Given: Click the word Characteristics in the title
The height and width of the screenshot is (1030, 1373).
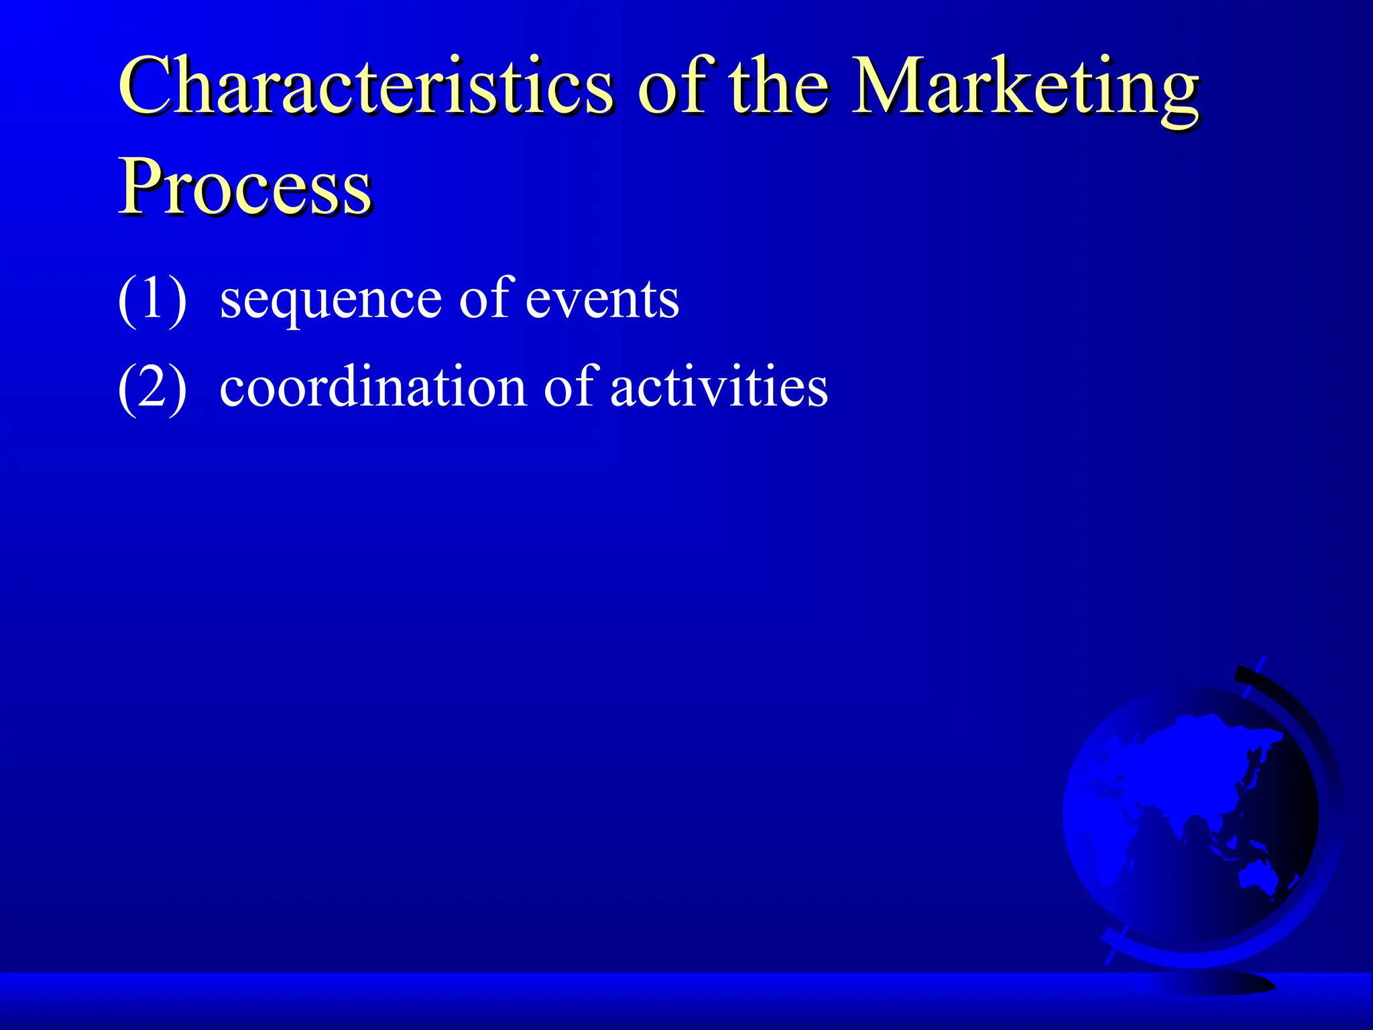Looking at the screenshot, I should pyautogui.click(x=365, y=87).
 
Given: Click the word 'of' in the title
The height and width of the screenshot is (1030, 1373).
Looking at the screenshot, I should pyautogui.click(x=677, y=87).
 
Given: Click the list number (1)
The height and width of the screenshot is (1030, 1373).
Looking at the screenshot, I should pyautogui.click(x=152, y=299).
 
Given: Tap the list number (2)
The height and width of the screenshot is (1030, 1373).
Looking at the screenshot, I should pyautogui.click(x=152, y=388).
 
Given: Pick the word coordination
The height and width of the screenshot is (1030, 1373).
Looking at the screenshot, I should pyautogui.click(x=373, y=388).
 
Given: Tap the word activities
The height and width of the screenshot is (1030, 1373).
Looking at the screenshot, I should pyautogui.click(x=719, y=388).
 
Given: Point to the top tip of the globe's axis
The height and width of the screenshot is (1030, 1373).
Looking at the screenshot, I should pyautogui.click(x=1263, y=660).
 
